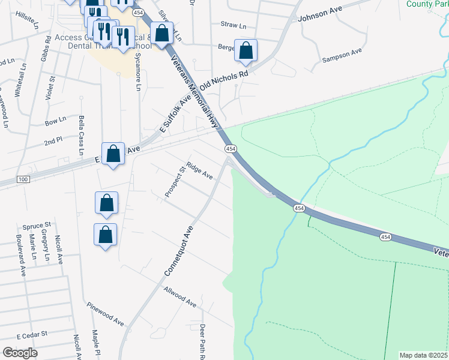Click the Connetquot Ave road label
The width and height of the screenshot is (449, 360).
coord(179,251)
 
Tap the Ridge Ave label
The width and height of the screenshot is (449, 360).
coord(200,171)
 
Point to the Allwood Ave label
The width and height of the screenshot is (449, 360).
coord(180,297)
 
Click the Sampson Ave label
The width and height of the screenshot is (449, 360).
coord(342,56)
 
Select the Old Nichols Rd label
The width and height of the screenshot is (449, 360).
coord(224,82)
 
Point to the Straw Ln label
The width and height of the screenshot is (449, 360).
coord(234,26)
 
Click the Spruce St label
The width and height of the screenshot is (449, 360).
coord(37,226)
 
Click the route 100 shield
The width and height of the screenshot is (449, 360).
coord(23,180)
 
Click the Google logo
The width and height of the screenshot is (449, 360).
coord(20,352)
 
